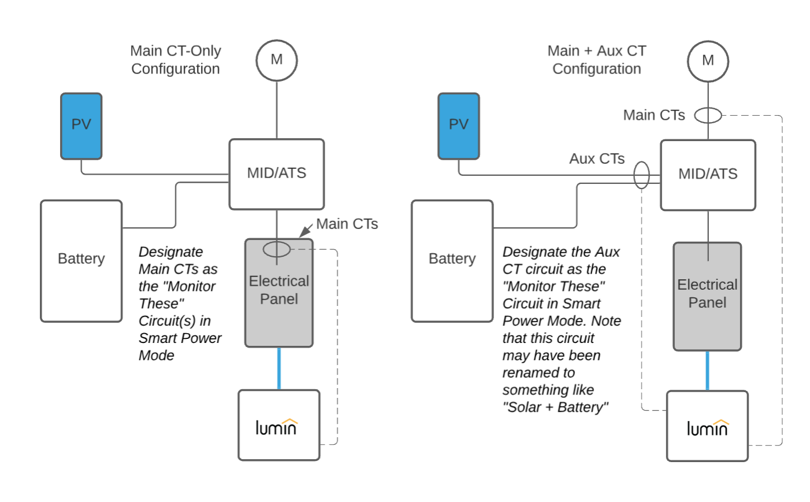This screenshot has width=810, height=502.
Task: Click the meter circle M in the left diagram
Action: pos(277,60)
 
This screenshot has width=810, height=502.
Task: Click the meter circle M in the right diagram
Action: pos(708,61)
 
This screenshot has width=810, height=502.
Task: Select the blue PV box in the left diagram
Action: pos(81,126)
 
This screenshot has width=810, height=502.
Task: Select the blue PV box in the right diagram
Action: pos(459,126)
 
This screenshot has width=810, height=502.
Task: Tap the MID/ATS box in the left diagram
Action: pos(277,174)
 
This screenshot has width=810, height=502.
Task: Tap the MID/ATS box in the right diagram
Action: pos(708,175)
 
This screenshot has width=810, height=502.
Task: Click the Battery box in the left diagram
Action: pos(81,261)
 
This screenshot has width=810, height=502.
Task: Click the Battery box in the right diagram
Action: pos(452,261)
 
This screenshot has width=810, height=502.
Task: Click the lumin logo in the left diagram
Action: pos(277,427)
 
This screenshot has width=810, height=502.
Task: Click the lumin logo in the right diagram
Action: pos(708,427)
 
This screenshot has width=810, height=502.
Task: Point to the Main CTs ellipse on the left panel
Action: pos(277,250)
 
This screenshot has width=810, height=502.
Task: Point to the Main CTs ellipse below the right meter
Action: pos(708,116)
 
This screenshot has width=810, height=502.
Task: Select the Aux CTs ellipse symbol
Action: pos(641,175)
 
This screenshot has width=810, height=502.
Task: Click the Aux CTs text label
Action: pos(597,159)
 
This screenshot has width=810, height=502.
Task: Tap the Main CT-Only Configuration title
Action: pos(176,60)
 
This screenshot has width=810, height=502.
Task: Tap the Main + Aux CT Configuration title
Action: pos(597,60)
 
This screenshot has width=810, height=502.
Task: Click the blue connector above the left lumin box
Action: pos(279,368)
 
